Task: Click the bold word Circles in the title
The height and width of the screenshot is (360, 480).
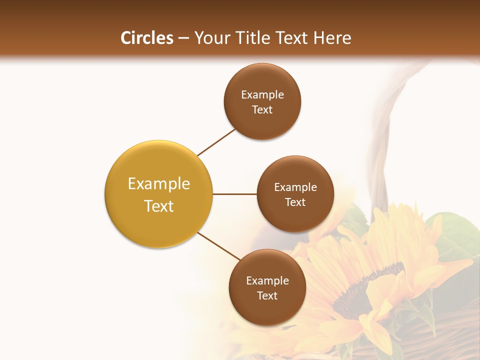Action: (x=147, y=38)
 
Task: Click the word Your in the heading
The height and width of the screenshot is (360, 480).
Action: (x=212, y=38)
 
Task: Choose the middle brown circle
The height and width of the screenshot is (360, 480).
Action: (x=295, y=220)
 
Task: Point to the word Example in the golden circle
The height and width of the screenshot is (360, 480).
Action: (x=159, y=184)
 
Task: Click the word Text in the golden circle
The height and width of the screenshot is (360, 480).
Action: (x=159, y=206)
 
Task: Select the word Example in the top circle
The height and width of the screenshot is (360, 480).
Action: (x=262, y=95)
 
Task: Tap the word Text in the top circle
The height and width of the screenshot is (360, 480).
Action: (x=262, y=110)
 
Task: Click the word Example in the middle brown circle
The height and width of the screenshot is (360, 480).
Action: (x=295, y=187)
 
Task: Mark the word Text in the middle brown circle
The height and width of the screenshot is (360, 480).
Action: (x=295, y=202)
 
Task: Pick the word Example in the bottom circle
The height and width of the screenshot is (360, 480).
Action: (x=267, y=281)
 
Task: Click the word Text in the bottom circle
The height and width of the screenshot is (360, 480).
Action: (x=267, y=296)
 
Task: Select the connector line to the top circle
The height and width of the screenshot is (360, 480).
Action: (x=216, y=142)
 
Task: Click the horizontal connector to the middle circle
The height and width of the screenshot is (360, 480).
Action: (x=235, y=194)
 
